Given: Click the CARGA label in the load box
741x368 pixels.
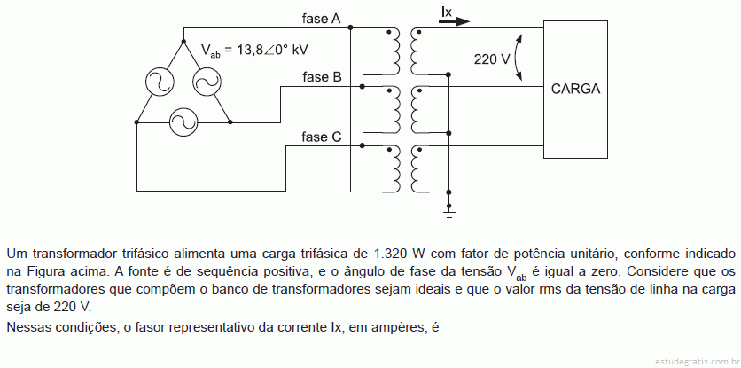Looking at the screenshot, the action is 575,89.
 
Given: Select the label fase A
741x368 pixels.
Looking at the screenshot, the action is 322,19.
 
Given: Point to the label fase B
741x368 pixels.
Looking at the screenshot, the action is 322,76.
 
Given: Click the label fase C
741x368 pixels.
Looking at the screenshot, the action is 322,137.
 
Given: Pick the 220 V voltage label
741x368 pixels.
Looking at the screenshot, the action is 492,59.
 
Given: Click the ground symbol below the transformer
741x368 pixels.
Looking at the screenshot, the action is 449,213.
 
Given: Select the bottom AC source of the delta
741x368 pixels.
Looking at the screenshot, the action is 183,122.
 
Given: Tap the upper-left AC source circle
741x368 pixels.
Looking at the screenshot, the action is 160,82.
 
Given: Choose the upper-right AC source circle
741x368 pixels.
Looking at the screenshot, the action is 207,82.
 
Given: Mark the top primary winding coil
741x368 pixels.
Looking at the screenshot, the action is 394,51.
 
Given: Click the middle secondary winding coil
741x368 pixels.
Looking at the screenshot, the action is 417,110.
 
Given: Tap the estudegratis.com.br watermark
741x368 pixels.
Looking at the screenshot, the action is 697,362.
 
